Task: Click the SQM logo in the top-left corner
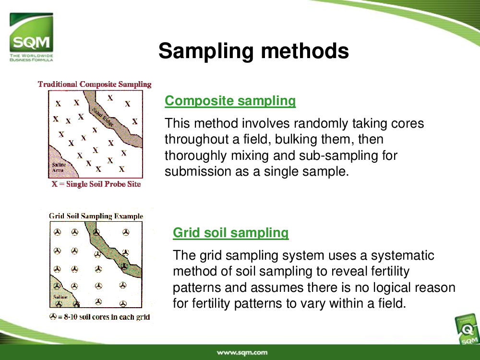tap(31, 37)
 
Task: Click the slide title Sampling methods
tap(253, 51)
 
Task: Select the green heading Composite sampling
tap(230, 101)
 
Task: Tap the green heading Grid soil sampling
tap(231, 233)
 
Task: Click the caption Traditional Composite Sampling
tap(95, 84)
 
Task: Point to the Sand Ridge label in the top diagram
tap(103, 117)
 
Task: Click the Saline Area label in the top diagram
tap(59, 167)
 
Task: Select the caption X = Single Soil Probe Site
tap(96, 184)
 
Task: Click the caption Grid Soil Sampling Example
tap(96, 216)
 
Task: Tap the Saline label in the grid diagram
tap(60, 297)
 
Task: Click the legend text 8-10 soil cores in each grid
tap(107, 317)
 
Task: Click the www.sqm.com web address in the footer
tap(242, 353)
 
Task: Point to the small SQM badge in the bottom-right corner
tap(467, 330)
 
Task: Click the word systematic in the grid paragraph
tap(403, 255)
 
